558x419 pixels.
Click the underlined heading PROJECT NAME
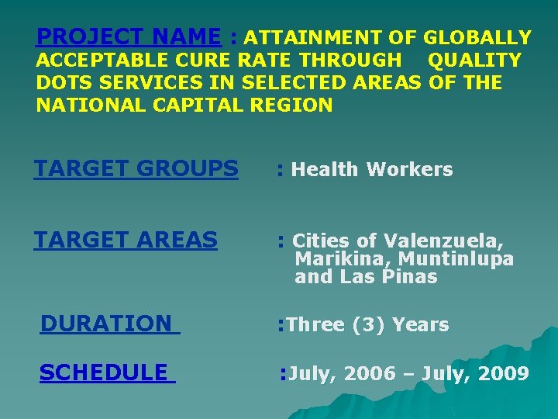pos(129,36)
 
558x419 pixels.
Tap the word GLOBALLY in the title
pos(477,37)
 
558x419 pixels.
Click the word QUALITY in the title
pos(474,60)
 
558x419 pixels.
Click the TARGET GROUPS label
pos(136,168)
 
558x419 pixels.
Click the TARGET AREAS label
pos(126,241)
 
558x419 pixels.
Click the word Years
pos(421,324)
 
